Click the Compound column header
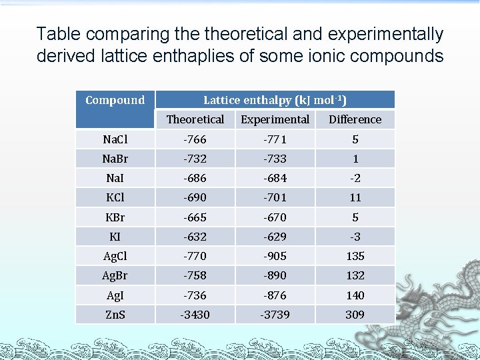tap(115, 101)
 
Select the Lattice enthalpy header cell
tap(275, 101)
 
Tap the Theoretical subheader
tap(195, 119)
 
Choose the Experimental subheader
tap(275, 119)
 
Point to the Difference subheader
tap(355, 119)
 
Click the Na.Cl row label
tap(115, 139)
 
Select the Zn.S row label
tap(115, 314)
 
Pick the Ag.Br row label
tap(115, 275)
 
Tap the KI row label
tap(115, 237)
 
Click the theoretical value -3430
tap(195, 314)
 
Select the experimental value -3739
tap(275, 314)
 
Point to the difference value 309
tap(355, 314)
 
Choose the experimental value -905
tap(275, 256)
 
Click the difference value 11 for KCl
tap(355, 197)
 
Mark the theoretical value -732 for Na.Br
tap(195, 159)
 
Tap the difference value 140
tap(355, 295)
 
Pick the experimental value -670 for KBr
tap(275, 217)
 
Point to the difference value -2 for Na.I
tap(355, 178)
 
